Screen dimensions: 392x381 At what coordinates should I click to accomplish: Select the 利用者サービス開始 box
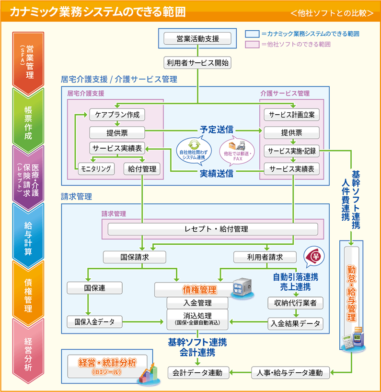(197, 62)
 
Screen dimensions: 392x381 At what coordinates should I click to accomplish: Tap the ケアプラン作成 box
(117, 115)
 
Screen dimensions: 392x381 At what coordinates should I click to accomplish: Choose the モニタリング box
(96, 168)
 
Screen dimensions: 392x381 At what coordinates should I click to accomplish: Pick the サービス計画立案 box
(291, 115)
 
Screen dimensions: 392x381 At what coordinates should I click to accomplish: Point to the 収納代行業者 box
(295, 303)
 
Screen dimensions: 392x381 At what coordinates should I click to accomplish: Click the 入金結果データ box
(295, 323)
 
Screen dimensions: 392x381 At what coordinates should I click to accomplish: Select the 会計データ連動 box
(198, 372)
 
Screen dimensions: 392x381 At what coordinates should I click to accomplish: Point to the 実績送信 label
(217, 173)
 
